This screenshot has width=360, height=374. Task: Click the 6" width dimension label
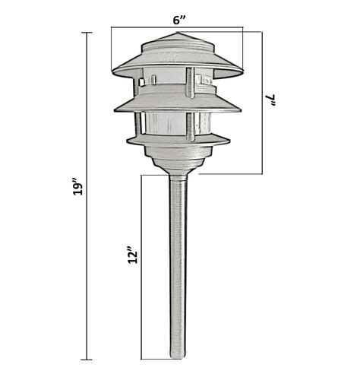(180, 20)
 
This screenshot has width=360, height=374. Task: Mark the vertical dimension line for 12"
(142, 266)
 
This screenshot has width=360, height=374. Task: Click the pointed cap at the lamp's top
(177, 40)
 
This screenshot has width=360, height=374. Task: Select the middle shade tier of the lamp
(176, 103)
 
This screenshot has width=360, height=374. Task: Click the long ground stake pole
(177, 266)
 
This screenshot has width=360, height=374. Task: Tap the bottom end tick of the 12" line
(142, 359)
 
